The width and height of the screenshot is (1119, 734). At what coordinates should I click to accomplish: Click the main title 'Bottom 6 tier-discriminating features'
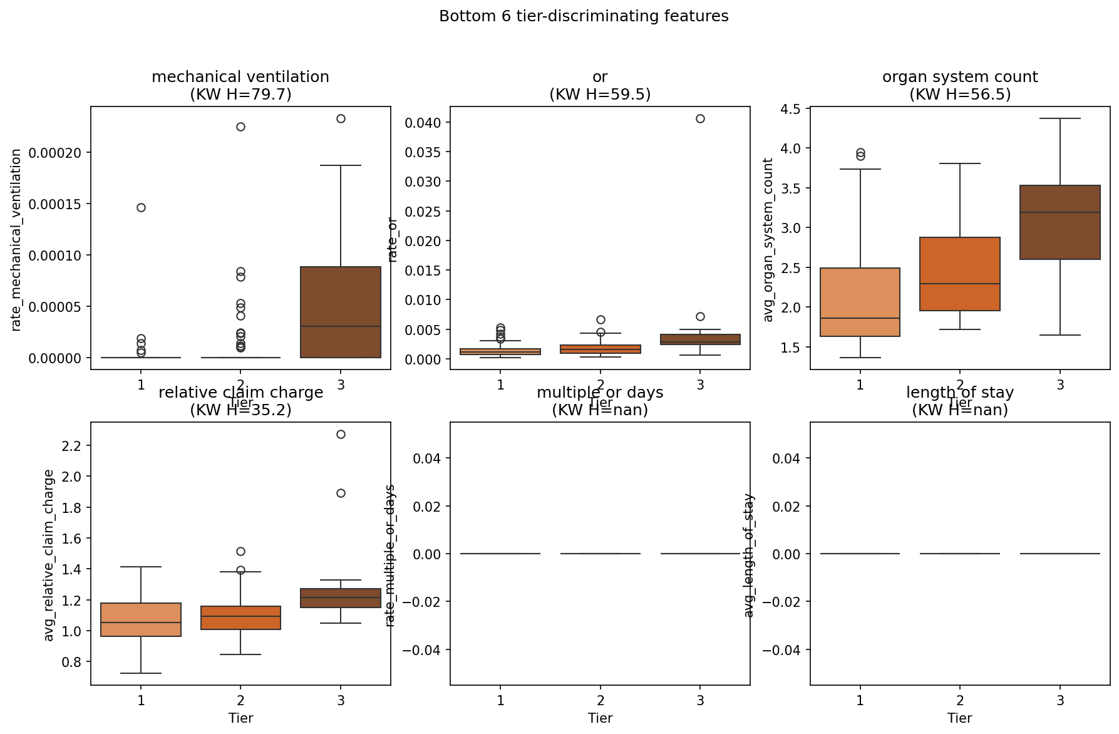click(584, 16)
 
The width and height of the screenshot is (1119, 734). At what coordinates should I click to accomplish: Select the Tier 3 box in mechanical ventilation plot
click(341, 312)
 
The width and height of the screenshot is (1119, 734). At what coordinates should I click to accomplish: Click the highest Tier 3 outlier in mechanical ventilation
click(341, 118)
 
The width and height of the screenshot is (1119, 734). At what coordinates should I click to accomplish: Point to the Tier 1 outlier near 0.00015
click(141, 207)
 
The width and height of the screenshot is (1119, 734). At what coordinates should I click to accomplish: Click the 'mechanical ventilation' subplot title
click(240, 77)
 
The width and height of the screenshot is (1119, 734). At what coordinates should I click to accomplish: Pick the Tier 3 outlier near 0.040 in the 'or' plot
click(700, 118)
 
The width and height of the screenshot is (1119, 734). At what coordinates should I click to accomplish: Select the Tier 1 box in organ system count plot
click(860, 302)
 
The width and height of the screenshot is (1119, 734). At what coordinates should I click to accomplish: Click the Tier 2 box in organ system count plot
click(959, 274)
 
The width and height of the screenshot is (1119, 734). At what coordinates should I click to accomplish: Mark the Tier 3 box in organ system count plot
click(1060, 222)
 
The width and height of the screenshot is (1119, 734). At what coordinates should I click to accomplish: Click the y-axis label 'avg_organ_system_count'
click(768, 240)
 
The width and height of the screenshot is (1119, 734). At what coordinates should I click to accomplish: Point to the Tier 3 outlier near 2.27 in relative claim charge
click(341, 434)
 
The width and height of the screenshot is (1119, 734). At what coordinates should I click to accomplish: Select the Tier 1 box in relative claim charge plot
click(141, 619)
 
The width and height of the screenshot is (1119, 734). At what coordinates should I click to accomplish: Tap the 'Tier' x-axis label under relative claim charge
click(240, 718)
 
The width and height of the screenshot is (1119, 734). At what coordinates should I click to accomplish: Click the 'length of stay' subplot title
click(959, 393)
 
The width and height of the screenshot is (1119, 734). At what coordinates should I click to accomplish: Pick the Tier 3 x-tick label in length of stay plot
click(1060, 700)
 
